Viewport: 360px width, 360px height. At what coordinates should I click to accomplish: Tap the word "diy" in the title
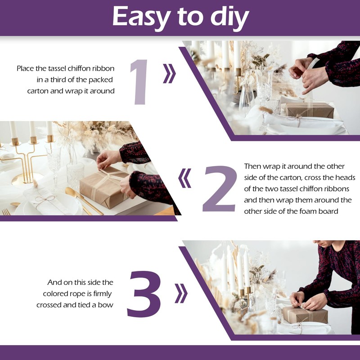229,18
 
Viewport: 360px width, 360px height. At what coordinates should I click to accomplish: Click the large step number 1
139,82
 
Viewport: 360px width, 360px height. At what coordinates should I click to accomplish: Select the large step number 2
220,189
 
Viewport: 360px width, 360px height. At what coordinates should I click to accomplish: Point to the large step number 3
144,294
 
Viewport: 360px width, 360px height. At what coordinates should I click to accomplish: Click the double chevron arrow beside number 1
170,73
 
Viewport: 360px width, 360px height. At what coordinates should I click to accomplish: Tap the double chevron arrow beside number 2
184,178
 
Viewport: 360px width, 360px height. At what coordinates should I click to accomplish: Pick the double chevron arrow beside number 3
181,293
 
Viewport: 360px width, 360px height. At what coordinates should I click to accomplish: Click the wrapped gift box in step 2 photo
105,187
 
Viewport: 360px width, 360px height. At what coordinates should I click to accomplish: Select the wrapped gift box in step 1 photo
310,110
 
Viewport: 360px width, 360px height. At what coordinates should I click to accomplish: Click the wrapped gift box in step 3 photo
305,315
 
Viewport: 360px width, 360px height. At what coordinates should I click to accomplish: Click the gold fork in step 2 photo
6,212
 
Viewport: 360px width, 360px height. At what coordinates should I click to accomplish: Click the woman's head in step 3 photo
323,243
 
